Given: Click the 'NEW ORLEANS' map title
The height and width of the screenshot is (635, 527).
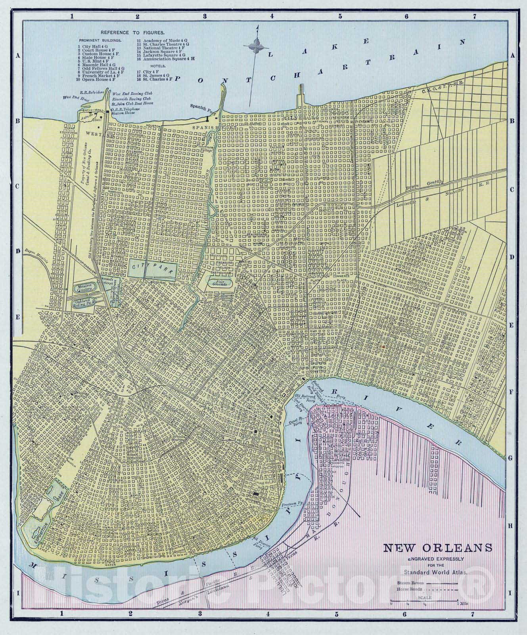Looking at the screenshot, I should [437, 548].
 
